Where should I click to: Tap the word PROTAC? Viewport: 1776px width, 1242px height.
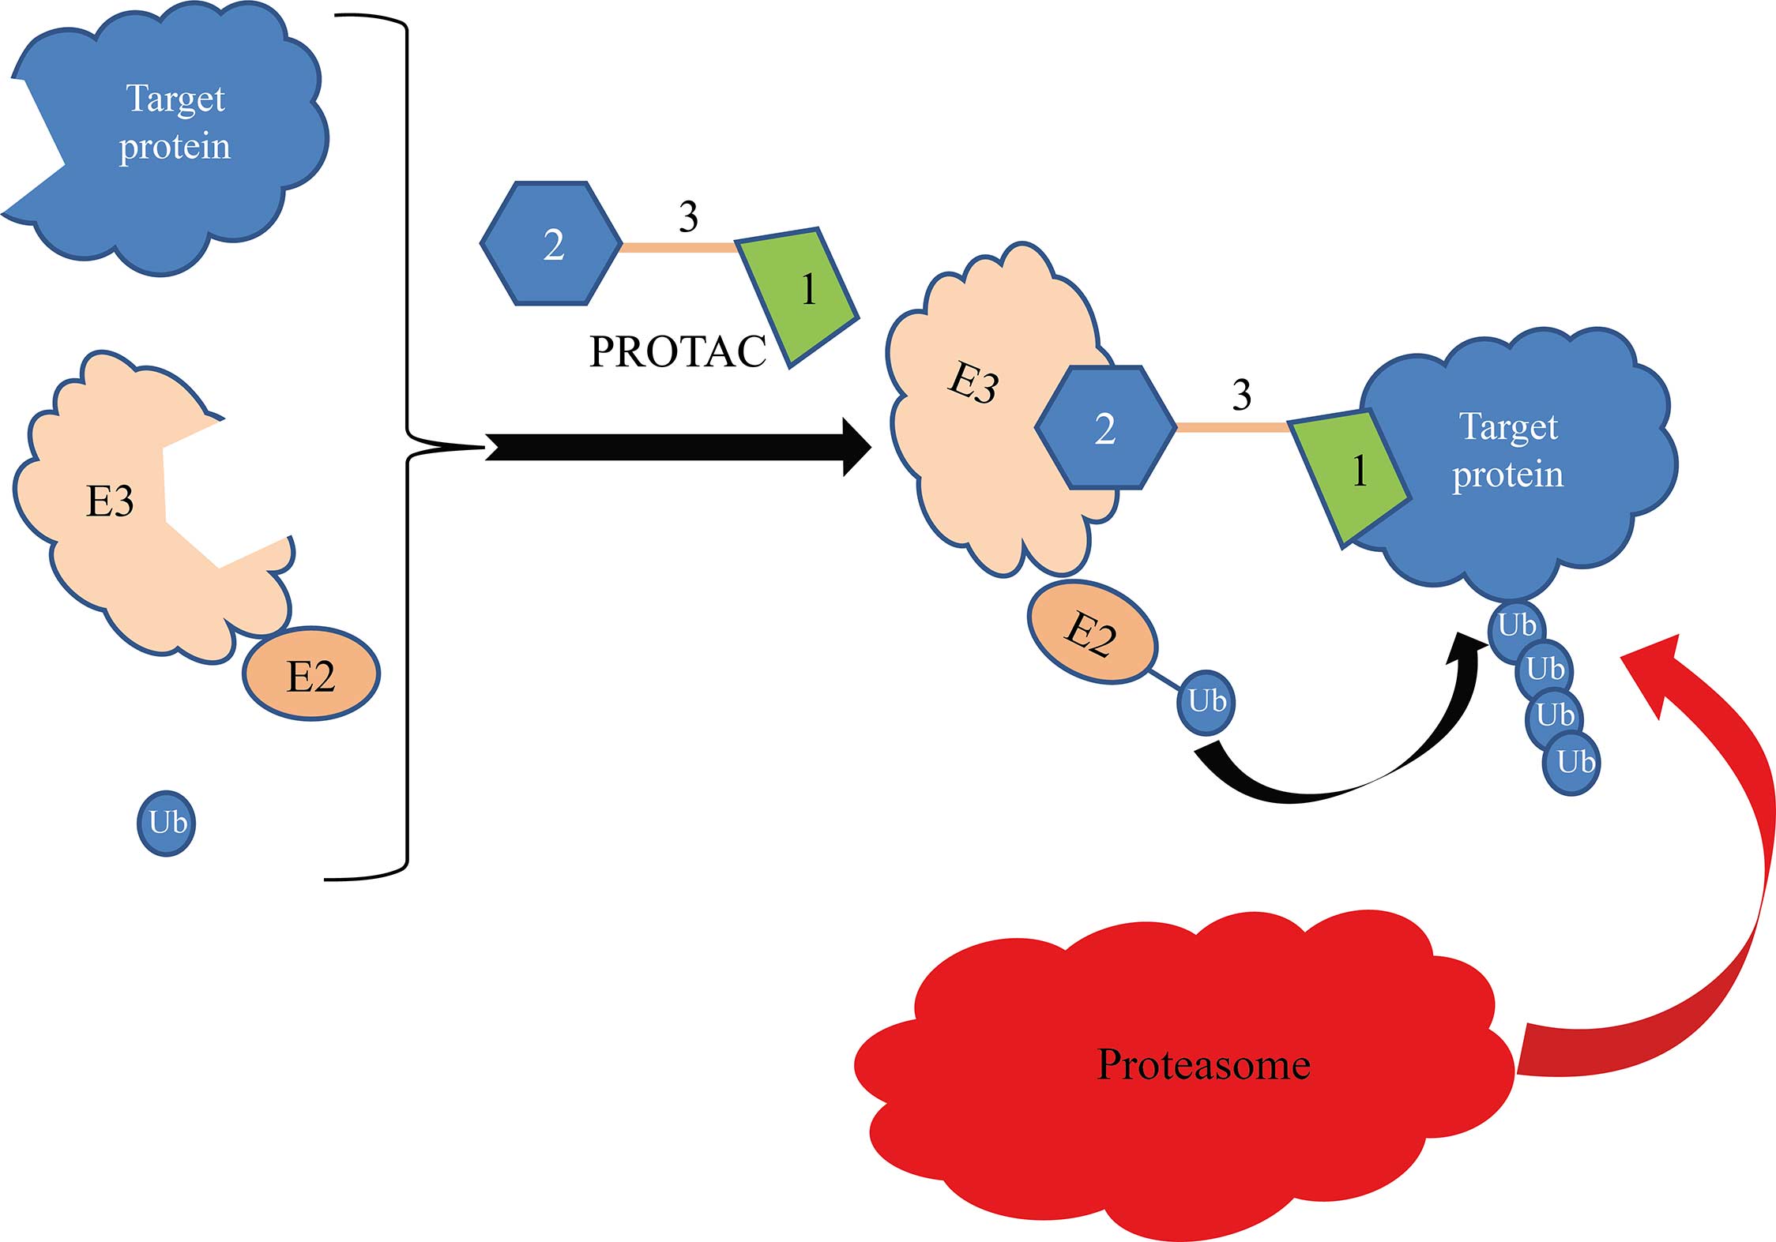pos(678,351)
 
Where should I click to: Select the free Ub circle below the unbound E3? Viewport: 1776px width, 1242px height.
pos(167,823)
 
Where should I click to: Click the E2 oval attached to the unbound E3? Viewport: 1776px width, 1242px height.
pos(311,674)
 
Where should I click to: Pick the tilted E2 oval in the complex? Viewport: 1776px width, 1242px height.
pos(1092,632)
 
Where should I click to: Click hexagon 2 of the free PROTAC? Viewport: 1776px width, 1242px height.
pos(551,243)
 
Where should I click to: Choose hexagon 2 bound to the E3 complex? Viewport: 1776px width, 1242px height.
pos(1104,428)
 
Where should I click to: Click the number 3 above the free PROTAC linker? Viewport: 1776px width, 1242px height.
pos(688,216)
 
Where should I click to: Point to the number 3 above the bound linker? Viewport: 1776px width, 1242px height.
pos(1241,394)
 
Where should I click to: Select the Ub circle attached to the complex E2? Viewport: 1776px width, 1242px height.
pos(1206,701)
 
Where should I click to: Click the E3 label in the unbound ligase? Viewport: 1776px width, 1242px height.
pos(110,501)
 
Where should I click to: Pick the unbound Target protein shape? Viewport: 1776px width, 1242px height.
pos(174,134)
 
